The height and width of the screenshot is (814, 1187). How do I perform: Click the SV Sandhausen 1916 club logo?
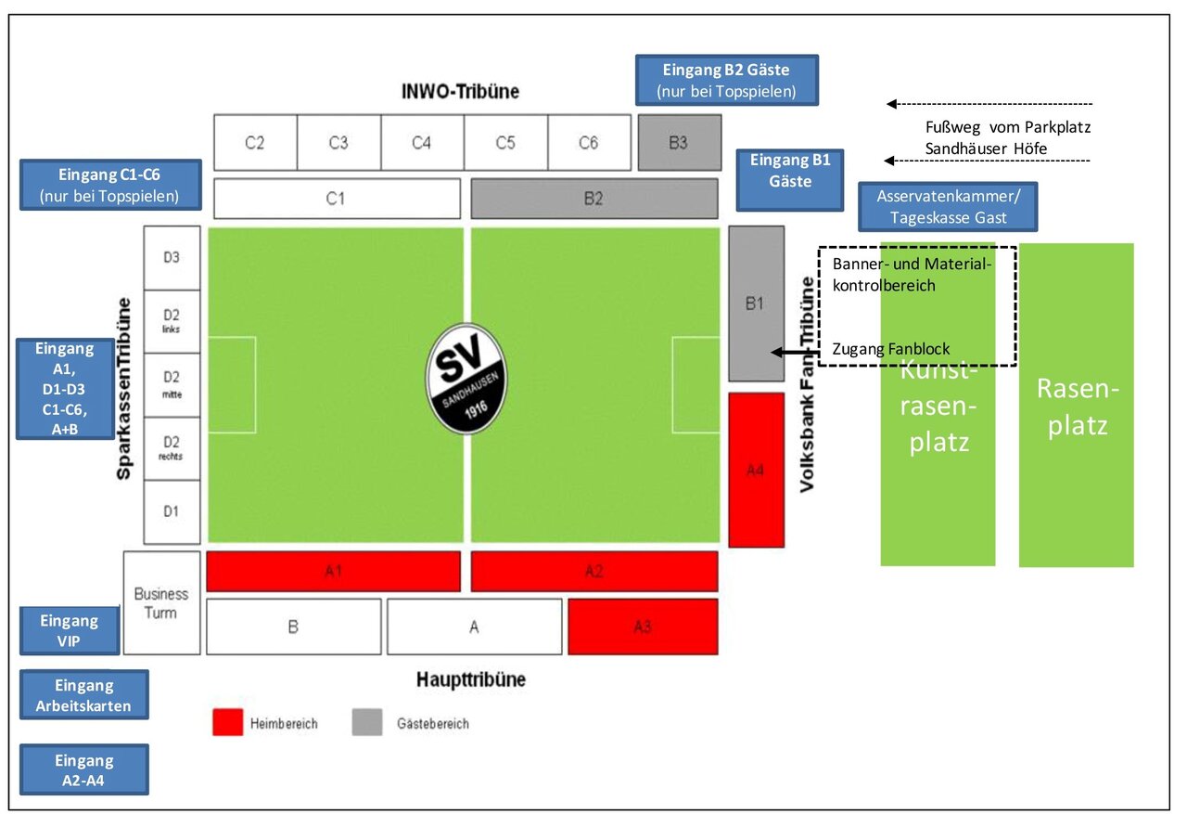tap(466, 379)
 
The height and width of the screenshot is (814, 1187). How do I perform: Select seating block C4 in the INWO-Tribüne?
tap(422, 143)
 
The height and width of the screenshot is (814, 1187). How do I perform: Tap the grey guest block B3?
tap(679, 143)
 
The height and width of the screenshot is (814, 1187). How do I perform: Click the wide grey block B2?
tap(593, 198)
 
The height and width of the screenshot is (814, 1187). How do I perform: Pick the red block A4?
tap(756, 470)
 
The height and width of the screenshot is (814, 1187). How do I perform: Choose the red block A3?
tap(643, 627)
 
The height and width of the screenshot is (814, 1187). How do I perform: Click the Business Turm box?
tap(161, 602)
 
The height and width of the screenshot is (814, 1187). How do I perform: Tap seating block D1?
tap(172, 511)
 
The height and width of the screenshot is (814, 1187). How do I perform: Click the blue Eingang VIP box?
tap(70, 631)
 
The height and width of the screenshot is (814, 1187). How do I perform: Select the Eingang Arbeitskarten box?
tap(83, 695)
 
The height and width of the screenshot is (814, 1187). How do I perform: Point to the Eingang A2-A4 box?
tap(83, 769)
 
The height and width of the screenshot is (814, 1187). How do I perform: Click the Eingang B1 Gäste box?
tap(790, 180)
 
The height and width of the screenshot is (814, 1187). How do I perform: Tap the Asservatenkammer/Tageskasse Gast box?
tap(948, 207)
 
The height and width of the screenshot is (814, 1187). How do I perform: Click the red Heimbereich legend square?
tap(227, 722)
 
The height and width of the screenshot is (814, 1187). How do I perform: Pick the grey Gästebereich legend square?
tap(366, 722)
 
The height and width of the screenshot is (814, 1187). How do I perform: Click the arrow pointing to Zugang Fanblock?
tap(790, 352)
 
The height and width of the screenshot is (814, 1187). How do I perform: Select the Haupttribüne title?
tap(471, 679)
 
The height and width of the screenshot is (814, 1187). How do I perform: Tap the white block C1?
tap(337, 198)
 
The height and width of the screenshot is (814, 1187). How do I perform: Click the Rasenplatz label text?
tap(1076, 407)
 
